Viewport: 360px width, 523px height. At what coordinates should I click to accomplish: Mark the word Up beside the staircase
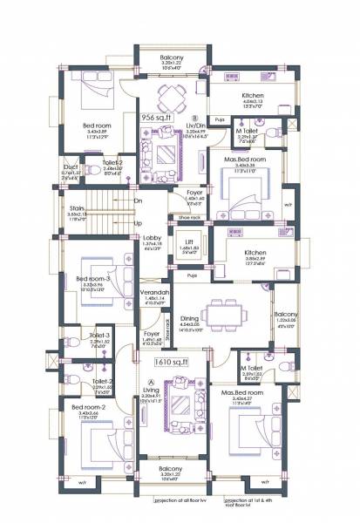[x=137, y=222]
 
